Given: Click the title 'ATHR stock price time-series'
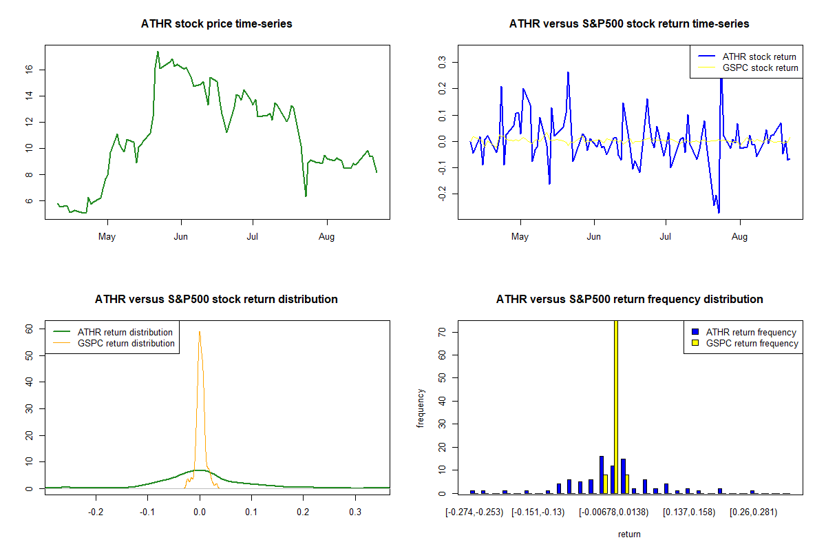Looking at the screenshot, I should click(217, 24).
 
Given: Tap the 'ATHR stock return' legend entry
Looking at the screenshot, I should click(759, 56).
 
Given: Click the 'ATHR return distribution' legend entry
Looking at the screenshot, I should click(125, 332).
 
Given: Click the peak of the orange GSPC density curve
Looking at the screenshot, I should click(200, 332).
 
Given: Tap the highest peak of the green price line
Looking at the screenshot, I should click(158, 52).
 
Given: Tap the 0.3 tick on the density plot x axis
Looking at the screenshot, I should click(354, 512).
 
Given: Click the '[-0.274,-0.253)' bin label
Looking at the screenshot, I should click(474, 512).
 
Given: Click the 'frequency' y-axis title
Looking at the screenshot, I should click(421, 408).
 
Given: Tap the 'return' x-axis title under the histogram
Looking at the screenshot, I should click(629, 534).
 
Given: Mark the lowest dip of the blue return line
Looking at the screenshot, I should click(719, 213).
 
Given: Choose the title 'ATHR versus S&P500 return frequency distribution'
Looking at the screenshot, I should click(629, 300).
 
